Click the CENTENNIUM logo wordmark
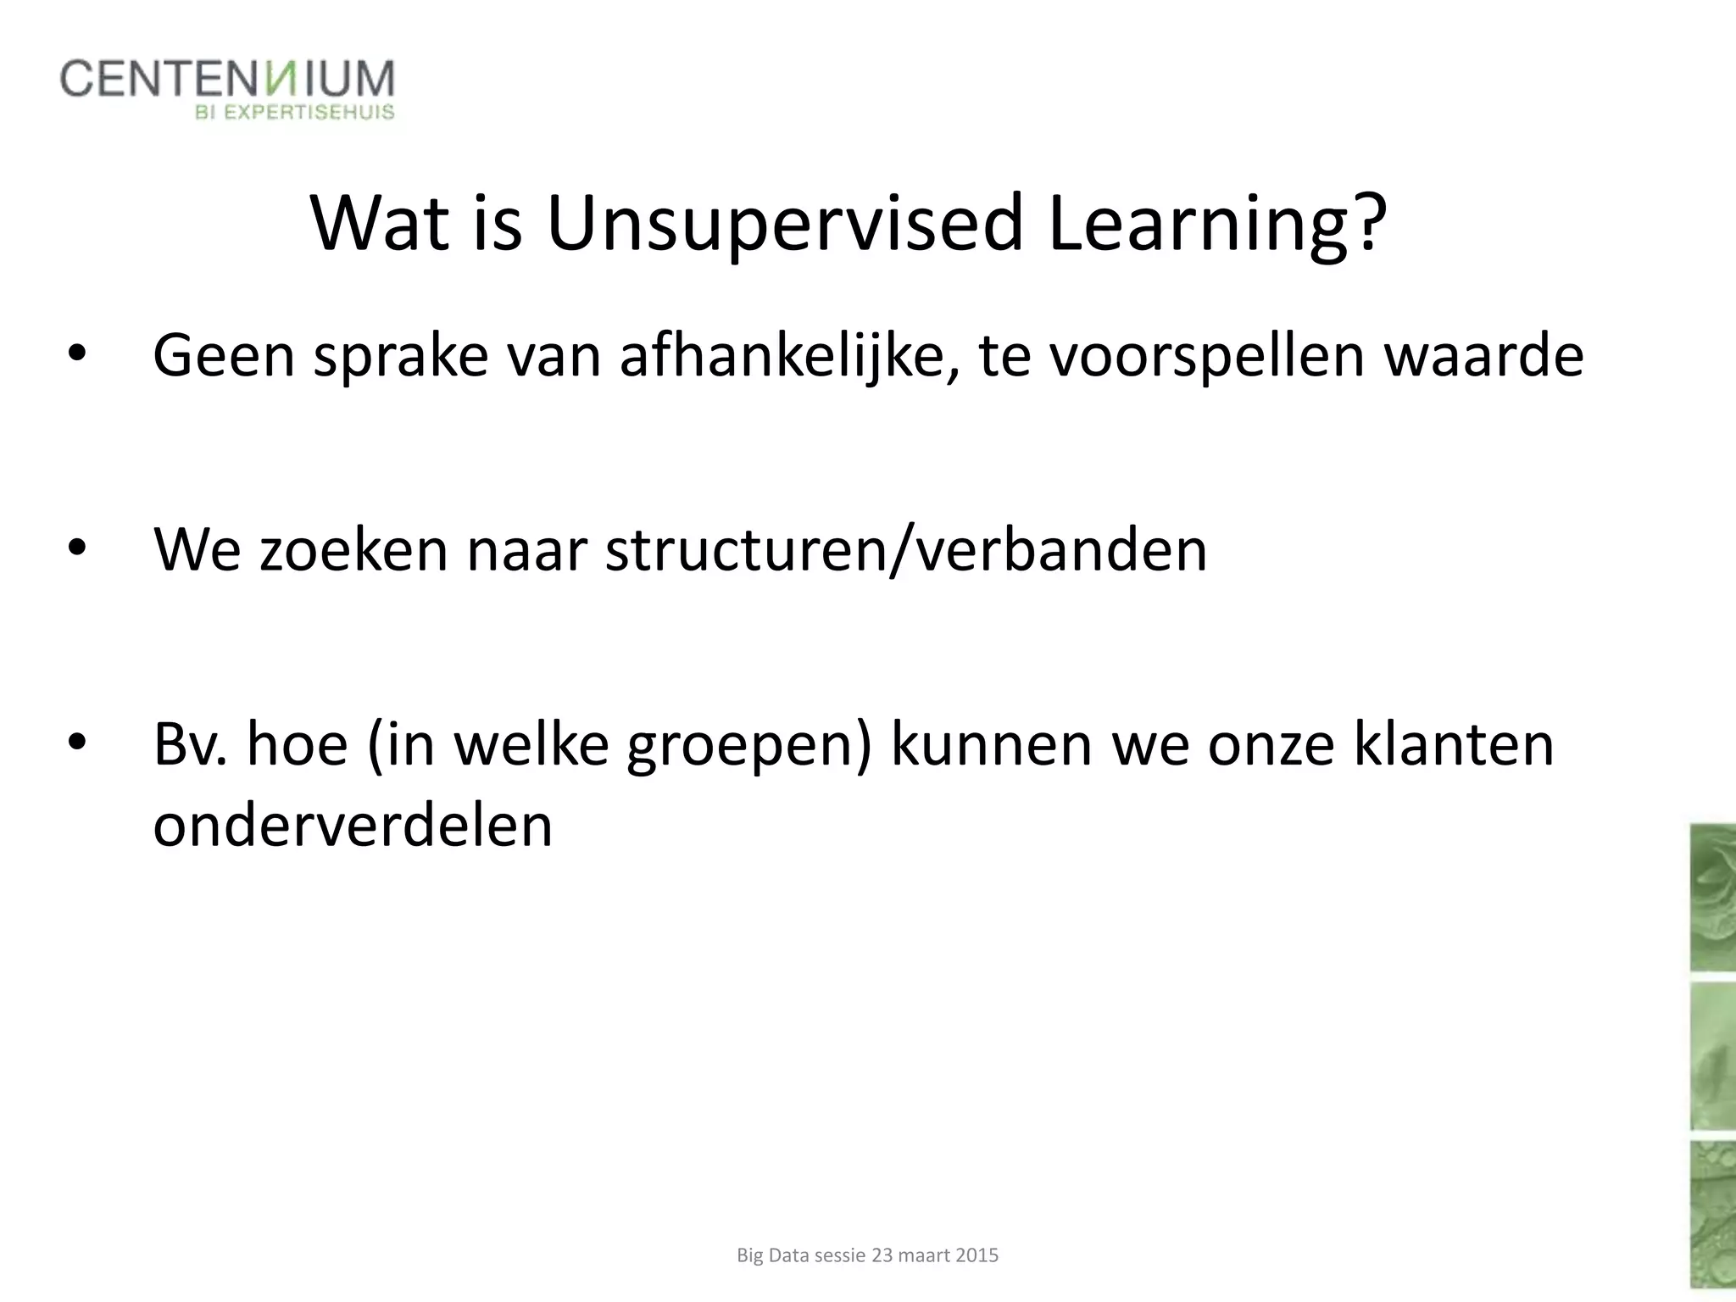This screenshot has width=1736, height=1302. click(227, 79)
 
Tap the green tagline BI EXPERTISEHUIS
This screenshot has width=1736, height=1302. click(295, 113)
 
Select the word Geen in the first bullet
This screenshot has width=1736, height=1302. click(224, 356)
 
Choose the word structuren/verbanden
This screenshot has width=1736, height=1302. click(905, 549)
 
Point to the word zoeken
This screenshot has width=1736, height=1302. click(353, 549)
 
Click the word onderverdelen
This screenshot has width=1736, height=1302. click(353, 824)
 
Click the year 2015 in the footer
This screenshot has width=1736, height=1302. click(976, 1255)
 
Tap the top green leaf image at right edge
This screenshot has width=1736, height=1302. click(1712, 897)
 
